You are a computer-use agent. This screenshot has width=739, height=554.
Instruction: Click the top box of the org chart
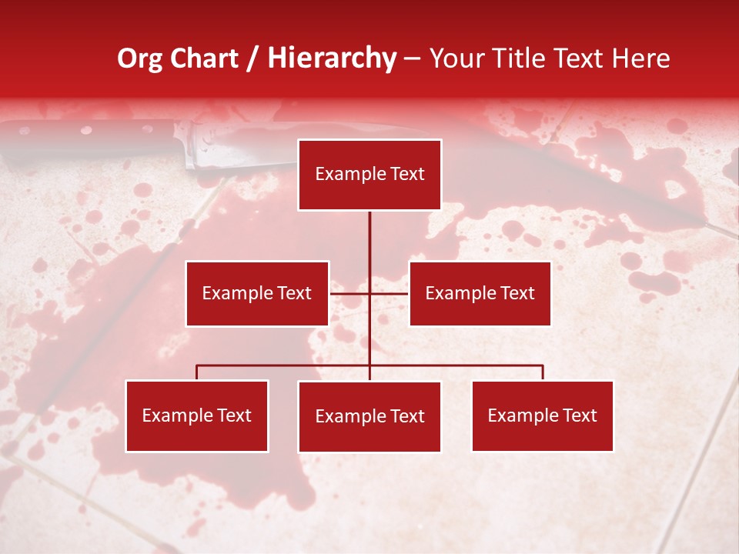[369, 175]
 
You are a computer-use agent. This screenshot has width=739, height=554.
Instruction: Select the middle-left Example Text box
[257, 293]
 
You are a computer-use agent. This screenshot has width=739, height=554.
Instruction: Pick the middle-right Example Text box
[480, 293]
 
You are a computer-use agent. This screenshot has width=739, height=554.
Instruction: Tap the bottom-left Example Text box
[197, 415]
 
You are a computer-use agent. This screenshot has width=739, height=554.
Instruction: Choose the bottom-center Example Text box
[369, 416]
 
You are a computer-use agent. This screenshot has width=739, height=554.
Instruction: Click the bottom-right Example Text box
[543, 415]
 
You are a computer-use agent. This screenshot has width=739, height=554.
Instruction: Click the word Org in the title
[140, 58]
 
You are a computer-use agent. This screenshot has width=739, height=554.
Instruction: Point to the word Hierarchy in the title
[332, 58]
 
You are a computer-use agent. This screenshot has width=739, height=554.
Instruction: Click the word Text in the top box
[406, 174]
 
